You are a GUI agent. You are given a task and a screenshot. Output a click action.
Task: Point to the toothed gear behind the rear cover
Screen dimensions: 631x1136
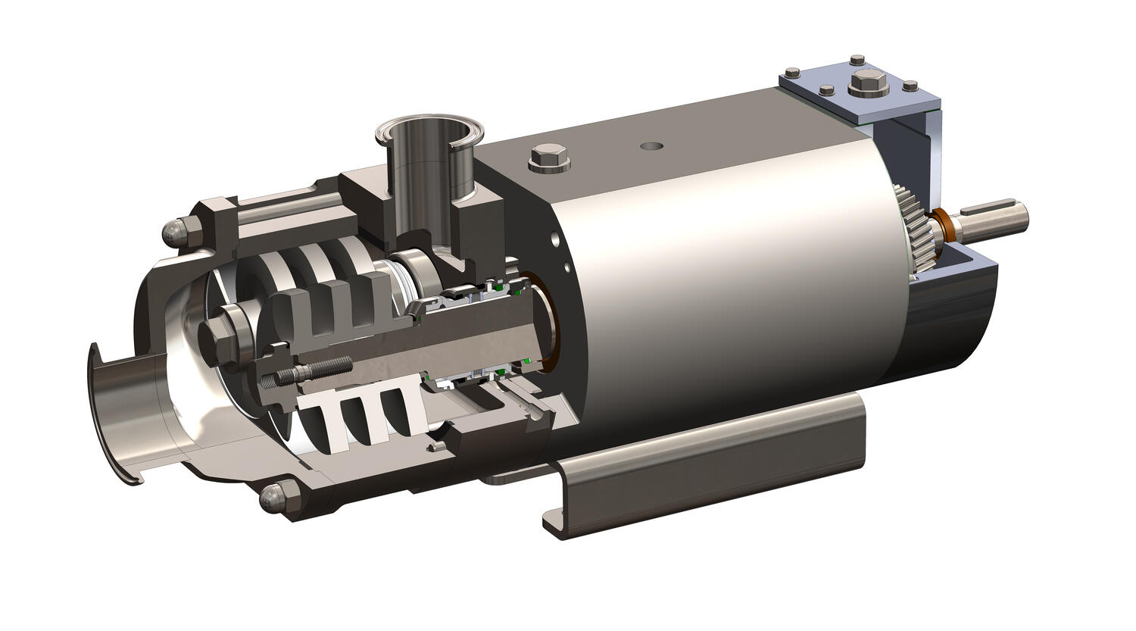point(917,228)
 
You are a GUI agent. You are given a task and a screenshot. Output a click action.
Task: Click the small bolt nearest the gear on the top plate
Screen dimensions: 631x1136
point(826,90)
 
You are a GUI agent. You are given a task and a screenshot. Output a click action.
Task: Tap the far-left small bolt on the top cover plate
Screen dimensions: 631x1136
point(792,73)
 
